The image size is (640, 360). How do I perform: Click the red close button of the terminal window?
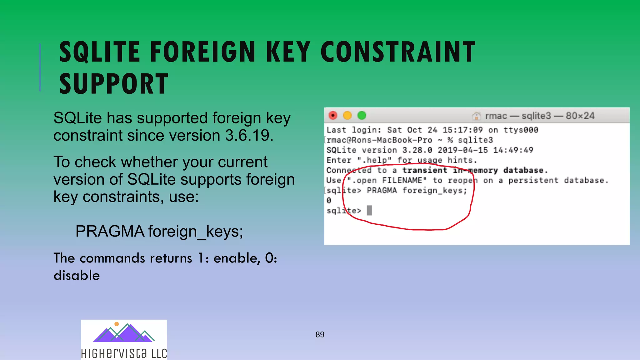click(333, 116)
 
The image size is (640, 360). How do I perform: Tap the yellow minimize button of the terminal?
click(347, 116)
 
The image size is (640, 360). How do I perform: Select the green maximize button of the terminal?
click(362, 116)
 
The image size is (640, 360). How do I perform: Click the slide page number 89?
click(320, 335)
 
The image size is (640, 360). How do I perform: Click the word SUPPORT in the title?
click(114, 84)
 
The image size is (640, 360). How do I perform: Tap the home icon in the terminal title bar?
click(476, 116)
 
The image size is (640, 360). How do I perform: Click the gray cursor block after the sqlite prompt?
click(369, 210)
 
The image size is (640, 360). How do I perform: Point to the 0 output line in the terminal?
click(329, 200)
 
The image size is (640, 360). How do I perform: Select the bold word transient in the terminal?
click(425, 170)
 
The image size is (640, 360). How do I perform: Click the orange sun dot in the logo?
click(117, 324)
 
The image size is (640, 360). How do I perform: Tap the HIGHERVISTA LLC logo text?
click(124, 353)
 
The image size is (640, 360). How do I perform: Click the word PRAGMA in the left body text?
click(110, 232)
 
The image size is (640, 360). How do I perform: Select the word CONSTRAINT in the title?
click(398, 52)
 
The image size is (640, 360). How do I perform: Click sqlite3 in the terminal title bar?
click(536, 116)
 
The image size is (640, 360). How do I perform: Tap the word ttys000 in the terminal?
click(521, 130)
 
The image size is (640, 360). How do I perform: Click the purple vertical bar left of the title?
click(40, 67)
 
